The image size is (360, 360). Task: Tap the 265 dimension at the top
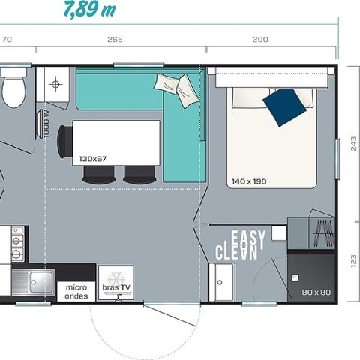point(115,40)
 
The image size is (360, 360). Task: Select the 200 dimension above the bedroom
point(260,40)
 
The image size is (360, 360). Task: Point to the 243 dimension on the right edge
point(354,145)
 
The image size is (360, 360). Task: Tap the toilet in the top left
point(13,89)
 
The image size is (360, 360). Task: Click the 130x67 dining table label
point(92,159)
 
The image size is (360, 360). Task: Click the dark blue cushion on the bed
point(285,106)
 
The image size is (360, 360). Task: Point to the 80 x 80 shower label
point(316,291)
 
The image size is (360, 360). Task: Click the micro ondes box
point(76,291)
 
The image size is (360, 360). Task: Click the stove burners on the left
point(16,244)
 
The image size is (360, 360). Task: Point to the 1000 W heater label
point(46,124)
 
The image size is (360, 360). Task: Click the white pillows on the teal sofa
point(178,88)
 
